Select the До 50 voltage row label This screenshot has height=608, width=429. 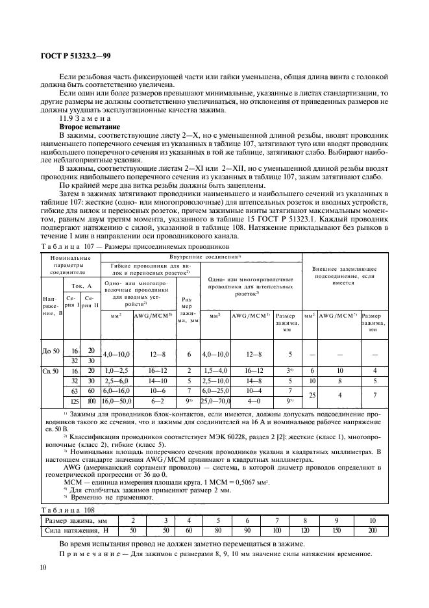point(51,351)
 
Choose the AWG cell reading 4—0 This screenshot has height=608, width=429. point(249,402)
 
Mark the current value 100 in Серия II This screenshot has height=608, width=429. point(90,402)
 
